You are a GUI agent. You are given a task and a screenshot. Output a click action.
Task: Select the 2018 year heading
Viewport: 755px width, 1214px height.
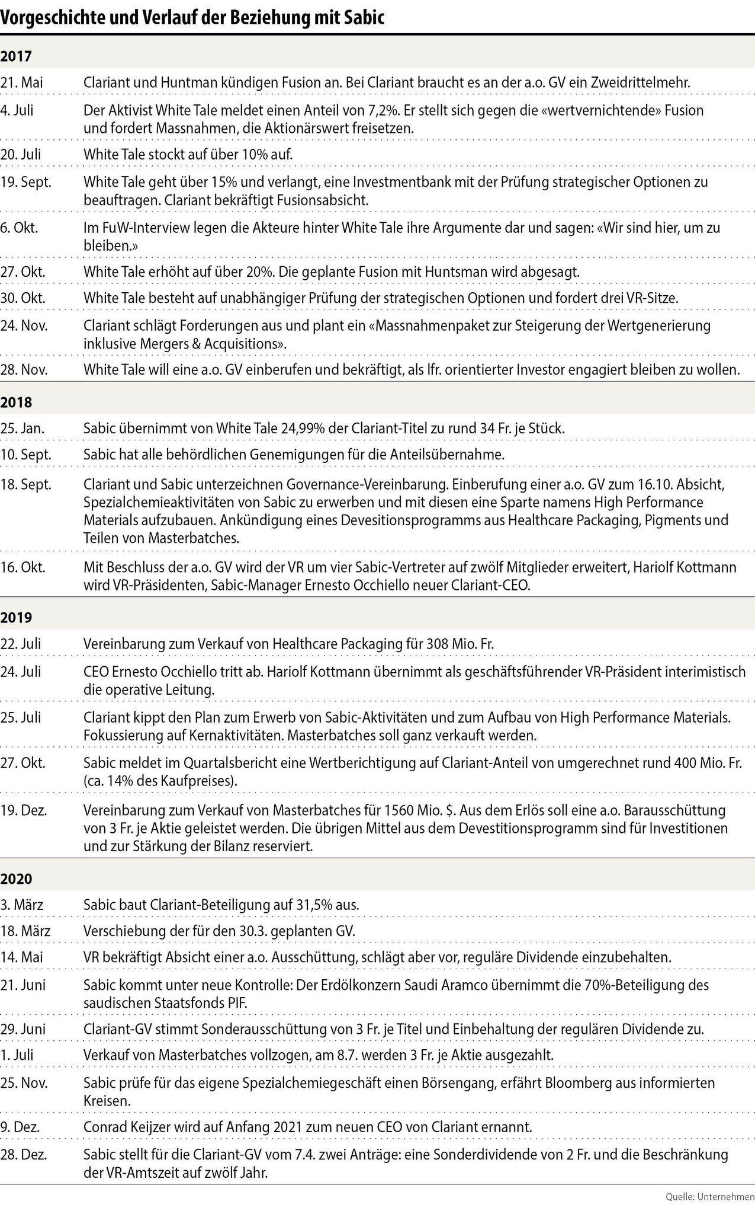click(16, 402)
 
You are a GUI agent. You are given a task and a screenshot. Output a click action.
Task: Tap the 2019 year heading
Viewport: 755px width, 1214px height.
click(16, 617)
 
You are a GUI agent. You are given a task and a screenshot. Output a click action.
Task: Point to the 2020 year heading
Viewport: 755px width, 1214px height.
click(16, 878)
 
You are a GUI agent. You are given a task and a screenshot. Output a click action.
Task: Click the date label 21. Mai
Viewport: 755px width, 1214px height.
click(22, 82)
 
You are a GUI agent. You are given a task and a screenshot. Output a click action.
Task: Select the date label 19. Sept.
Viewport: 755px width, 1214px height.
click(26, 181)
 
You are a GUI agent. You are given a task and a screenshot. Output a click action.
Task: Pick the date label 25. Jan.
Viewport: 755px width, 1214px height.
click(23, 428)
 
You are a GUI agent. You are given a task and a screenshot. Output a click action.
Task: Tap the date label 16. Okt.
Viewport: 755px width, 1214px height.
click(23, 567)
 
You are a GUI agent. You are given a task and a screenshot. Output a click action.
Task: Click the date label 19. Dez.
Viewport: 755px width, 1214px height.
click(24, 810)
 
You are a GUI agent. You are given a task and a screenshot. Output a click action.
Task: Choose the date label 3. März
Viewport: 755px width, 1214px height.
click(22, 905)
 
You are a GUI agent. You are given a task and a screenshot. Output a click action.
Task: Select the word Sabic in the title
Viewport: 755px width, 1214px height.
click(364, 18)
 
